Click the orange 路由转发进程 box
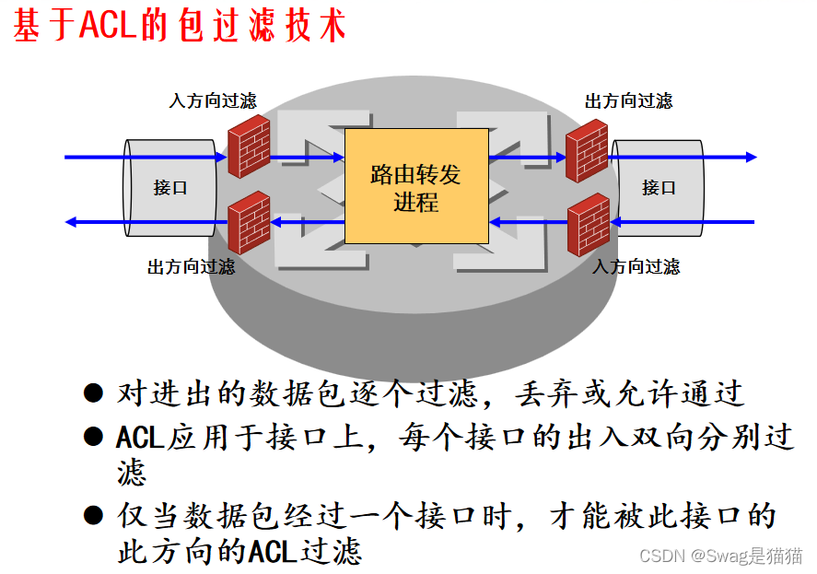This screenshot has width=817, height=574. (x=415, y=186)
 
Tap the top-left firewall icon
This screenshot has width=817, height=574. (x=248, y=146)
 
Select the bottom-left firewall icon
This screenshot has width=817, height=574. (x=249, y=222)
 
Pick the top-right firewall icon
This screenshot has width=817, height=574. (x=587, y=150)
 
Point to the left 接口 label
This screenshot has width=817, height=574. (x=170, y=188)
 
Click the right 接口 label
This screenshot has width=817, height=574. (x=659, y=188)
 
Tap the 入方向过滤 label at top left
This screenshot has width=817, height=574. (x=213, y=100)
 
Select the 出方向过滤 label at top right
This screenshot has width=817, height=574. (x=628, y=100)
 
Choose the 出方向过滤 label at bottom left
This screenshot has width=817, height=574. (x=191, y=267)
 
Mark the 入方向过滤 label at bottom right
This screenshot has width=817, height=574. (x=636, y=267)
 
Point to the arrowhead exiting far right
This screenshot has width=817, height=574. (x=751, y=158)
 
